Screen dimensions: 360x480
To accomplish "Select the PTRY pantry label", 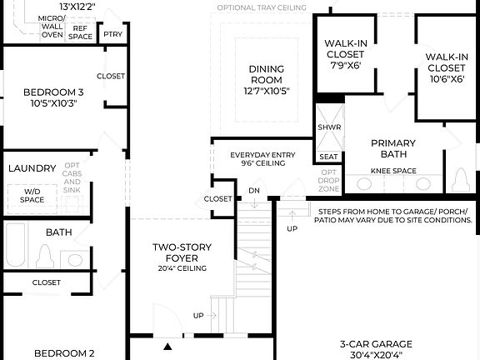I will [x=111, y=34].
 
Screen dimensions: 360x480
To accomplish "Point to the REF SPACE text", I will [x=81, y=32].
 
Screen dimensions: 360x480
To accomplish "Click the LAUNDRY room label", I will [x=32, y=168].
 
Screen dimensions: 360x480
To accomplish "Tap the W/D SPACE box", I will [x=32, y=196].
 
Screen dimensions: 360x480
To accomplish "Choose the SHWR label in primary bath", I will [x=328, y=127].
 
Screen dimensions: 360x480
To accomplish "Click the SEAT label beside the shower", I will [x=328, y=156].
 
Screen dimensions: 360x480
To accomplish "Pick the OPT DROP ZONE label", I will [x=329, y=181].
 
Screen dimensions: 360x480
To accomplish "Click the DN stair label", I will [x=254, y=191].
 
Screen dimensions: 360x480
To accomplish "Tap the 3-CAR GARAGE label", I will [x=375, y=343].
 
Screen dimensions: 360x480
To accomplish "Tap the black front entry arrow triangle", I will [x=167, y=346].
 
